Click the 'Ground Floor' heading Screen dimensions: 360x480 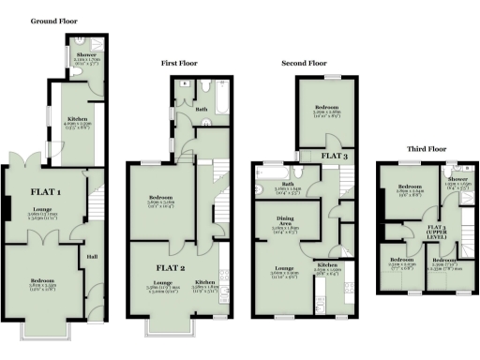pyautogui.click(x=54, y=19)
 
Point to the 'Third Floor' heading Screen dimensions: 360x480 pyautogui.click(x=427, y=148)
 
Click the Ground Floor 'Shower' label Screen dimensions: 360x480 pyautogui.click(x=86, y=54)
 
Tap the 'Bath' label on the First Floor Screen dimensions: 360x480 pyautogui.click(x=201, y=109)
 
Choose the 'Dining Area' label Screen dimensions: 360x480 pyautogui.click(x=285, y=222)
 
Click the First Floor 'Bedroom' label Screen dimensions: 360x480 pyautogui.click(x=161, y=199)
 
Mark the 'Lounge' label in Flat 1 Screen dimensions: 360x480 pyautogui.click(x=42, y=209)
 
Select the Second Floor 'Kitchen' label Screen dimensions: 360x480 pyautogui.click(x=327, y=265)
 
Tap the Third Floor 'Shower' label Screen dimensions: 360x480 pyautogui.click(x=457, y=178)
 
